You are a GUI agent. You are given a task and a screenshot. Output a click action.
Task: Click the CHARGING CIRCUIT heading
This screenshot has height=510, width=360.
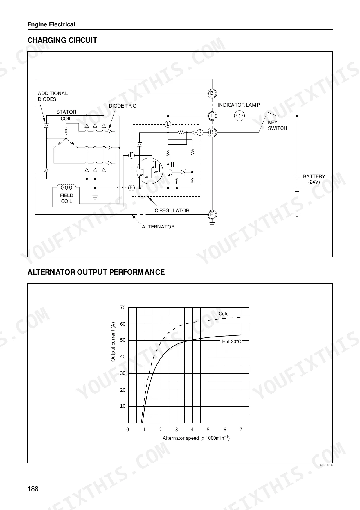pyautogui.click(x=62, y=40)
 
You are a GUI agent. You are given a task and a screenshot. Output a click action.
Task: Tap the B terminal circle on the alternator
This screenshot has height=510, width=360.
pyautogui.click(x=212, y=93)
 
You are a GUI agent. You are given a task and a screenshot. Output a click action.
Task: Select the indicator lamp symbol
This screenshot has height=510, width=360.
pyautogui.click(x=240, y=116)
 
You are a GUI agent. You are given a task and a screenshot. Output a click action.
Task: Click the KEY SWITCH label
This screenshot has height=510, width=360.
pyautogui.click(x=277, y=125)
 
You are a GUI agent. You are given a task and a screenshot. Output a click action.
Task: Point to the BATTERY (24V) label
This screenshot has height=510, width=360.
pyautogui.click(x=314, y=179)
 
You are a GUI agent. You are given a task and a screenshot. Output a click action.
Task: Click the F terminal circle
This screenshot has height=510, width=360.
pyautogui.click(x=131, y=155)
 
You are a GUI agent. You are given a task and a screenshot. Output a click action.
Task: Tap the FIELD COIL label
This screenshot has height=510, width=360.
pyautogui.click(x=66, y=198)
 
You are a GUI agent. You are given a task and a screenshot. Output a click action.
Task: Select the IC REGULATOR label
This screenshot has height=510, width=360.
pyautogui.click(x=171, y=210)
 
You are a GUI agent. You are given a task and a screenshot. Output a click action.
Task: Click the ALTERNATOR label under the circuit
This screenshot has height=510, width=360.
pyautogui.click(x=158, y=227)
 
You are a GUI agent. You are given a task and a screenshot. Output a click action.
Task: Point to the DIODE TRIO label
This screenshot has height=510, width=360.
pyautogui.click(x=123, y=106)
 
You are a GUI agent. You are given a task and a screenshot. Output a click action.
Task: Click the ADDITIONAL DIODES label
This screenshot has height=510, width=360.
pyautogui.click(x=53, y=96)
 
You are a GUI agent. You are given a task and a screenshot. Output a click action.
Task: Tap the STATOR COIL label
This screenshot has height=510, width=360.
pyautogui.click(x=66, y=115)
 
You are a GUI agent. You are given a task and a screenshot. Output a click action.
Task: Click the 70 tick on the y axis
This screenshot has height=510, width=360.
pyautogui.click(x=123, y=307)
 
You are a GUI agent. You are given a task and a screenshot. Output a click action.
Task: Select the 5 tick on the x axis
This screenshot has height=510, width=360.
pyautogui.click(x=208, y=430)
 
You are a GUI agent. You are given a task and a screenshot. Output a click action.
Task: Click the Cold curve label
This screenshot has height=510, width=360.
pyautogui.click(x=224, y=314)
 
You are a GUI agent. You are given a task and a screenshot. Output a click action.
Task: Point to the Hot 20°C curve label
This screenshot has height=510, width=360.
pyautogui.click(x=232, y=341)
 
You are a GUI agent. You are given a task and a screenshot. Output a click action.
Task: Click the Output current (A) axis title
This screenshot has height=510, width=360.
pyautogui.click(x=113, y=342)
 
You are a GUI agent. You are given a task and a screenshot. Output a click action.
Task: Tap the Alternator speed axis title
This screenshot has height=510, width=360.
pyautogui.click(x=196, y=438)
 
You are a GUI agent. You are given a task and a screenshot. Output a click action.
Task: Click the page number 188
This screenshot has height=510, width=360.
pyautogui.click(x=33, y=489)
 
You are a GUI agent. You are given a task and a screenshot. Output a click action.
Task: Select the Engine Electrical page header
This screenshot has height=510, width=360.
pyautogui.click(x=51, y=25)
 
